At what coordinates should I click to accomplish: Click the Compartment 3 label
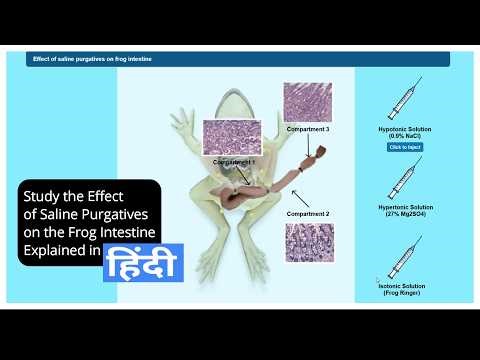[x=307, y=130]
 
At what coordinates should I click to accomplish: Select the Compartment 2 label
[x=307, y=214]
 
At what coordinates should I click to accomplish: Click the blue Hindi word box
[x=143, y=263]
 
